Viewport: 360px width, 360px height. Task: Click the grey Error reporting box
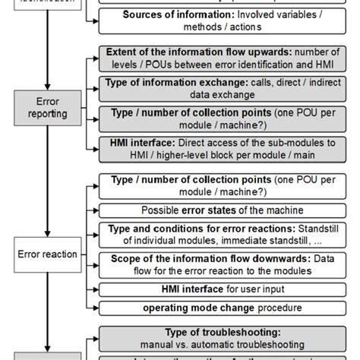coord(47,106)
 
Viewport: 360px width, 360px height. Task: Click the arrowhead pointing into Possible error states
coord(96,210)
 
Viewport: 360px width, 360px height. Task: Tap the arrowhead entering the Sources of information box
coord(96,20)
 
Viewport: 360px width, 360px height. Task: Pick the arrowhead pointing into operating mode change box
coord(96,308)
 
